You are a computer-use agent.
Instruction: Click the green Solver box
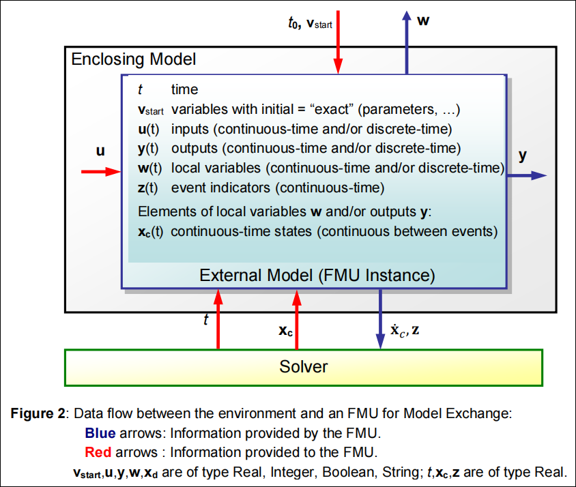coord(304,367)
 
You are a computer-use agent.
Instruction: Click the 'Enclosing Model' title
coord(134,59)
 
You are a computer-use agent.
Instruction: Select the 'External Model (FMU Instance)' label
coord(317,276)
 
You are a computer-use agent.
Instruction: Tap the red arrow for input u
coord(101,172)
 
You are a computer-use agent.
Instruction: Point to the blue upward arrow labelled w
coord(407,41)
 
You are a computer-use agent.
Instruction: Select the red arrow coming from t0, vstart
coord(337,41)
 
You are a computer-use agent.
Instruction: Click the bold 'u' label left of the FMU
coord(100,151)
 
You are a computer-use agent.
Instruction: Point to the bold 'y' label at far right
coord(522,156)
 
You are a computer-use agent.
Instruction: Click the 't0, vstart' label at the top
coord(310,23)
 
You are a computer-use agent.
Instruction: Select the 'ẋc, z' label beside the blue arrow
coord(405,332)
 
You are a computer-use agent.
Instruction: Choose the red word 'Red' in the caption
coord(98,452)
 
